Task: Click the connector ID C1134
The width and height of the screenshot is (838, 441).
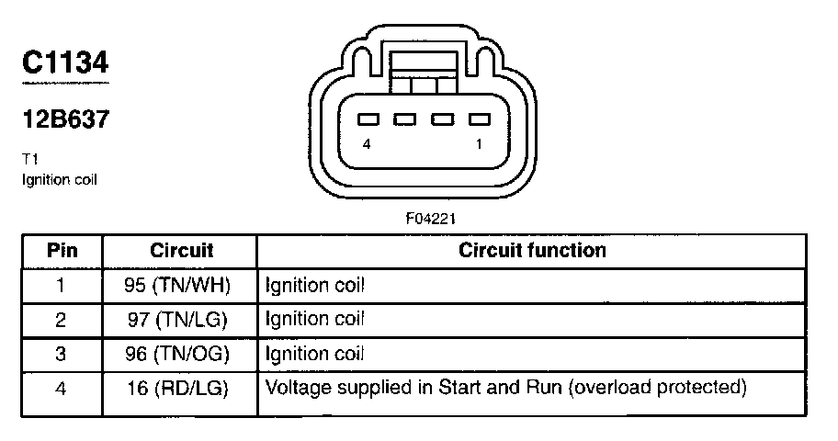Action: (65, 62)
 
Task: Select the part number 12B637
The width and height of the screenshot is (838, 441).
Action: (65, 119)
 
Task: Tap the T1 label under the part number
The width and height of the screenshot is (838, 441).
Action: (29, 159)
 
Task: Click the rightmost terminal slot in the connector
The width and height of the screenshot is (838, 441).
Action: (477, 119)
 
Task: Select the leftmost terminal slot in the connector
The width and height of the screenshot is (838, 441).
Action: (368, 119)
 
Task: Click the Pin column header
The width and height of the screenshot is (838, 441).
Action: (62, 250)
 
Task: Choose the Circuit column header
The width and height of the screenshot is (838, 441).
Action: (181, 250)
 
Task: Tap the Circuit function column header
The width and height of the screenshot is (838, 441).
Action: (532, 250)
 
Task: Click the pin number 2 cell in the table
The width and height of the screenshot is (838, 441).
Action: (61, 320)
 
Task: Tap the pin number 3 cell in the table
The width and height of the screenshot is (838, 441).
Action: (61, 354)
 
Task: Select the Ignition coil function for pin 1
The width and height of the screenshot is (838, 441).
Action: (314, 285)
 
